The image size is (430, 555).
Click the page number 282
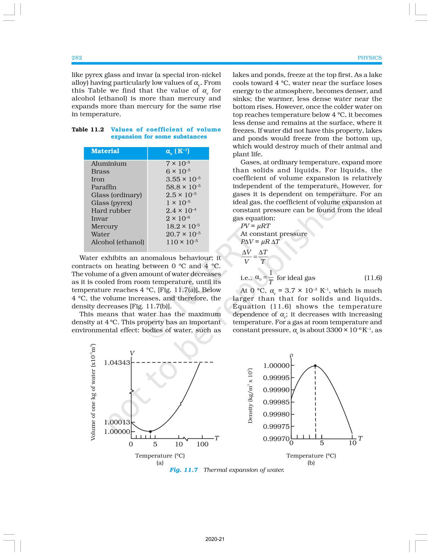pyautogui.click(x=77, y=58)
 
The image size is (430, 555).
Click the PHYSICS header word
pyautogui.click(x=369, y=58)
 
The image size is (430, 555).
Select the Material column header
pyautogui.click(x=105, y=151)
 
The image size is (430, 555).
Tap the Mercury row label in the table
pyautogui.click(x=104, y=227)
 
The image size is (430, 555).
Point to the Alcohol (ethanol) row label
pyautogui.click(x=118, y=242)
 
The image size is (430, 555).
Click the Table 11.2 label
pyautogui.click(x=88, y=129)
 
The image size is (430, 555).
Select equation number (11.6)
pyautogui.click(x=373, y=278)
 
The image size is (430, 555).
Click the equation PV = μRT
pyautogui.click(x=255, y=226)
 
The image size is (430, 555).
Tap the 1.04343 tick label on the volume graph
pyautogui.click(x=117, y=363)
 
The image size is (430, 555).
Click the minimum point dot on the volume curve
pyautogui.click(x=150, y=431)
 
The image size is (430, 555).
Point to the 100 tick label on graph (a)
pyautogui.click(x=202, y=444)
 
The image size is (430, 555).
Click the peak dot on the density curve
pyautogui.click(x=315, y=366)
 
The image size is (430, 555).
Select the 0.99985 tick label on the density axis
pyautogui.click(x=276, y=402)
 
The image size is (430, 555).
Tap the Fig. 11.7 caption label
pyautogui.click(x=184, y=470)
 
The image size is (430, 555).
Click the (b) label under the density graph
pyautogui.click(x=311, y=463)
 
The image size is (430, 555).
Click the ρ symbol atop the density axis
pyautogui.click(x=291, y=355)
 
